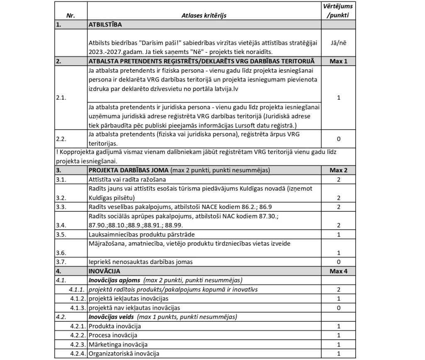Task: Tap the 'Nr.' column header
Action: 71,15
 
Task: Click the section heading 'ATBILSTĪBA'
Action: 105,24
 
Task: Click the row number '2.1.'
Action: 61,99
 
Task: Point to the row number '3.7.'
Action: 61,262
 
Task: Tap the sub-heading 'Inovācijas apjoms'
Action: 114,280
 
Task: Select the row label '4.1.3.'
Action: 78,308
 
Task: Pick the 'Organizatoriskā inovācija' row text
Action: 124,353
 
